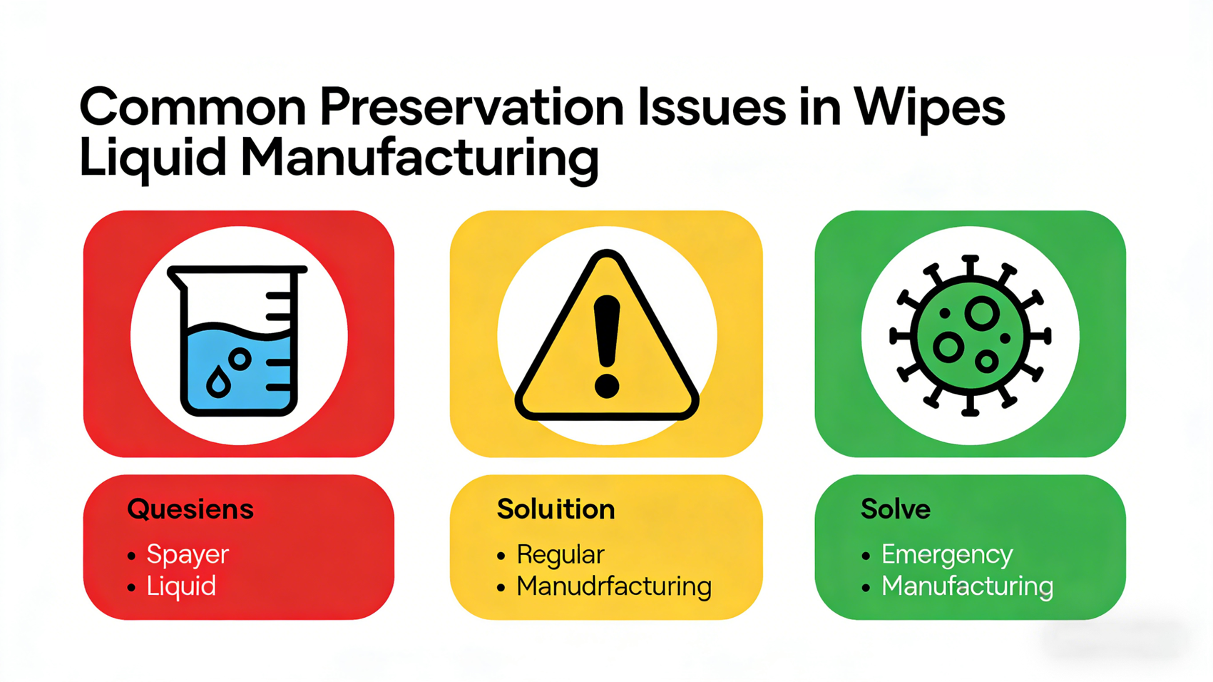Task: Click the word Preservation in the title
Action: point(471,107)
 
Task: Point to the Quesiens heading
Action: point(190,509)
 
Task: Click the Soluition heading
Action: point(556,509)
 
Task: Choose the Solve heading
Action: point(895,509)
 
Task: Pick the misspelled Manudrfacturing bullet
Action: point(614,586)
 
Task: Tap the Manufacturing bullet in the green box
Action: point(967,586)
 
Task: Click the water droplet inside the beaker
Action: point(218,382)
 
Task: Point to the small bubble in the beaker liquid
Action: point(240,359)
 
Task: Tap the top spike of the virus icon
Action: point(970,265)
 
